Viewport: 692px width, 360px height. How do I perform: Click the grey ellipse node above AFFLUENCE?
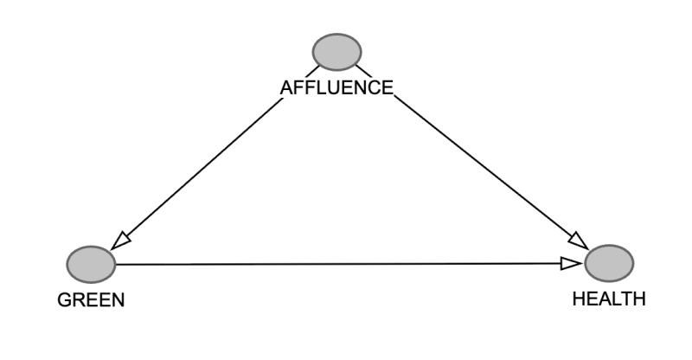click(x=337, y=52)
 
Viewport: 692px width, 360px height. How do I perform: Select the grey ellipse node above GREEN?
click(x=92, y=265)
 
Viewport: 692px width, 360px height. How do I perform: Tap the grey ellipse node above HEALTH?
click(x=610, y=263)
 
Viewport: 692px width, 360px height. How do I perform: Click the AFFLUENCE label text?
click(x=336, y=88)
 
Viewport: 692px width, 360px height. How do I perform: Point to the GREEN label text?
click(x=91, y=300)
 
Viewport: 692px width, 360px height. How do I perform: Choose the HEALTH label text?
click(x=609, y=299)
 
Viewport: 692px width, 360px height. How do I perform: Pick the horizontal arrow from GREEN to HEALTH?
click(x=349, y=264)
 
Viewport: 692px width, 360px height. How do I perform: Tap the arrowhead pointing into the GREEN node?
click(x=119, y=242)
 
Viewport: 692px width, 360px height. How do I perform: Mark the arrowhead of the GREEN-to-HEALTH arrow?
click(x=572, y=264)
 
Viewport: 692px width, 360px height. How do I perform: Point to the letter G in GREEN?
click(x=64, y=300)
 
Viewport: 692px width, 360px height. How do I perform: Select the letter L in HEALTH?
click(x=615, y=299)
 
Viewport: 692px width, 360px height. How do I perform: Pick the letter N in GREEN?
click(x=119, y=300)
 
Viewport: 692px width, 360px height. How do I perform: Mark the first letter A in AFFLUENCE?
click(x=287, y=88)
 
